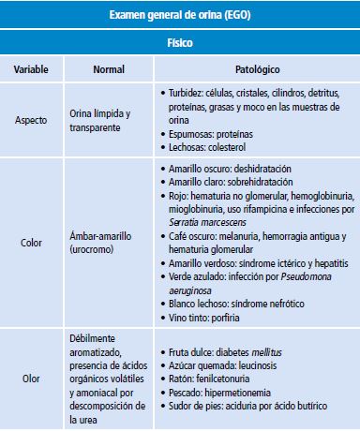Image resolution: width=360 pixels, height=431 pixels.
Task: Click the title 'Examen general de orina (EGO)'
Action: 180,17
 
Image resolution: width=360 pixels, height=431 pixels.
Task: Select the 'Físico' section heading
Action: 180,43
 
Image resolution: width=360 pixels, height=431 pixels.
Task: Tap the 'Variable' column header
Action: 33,70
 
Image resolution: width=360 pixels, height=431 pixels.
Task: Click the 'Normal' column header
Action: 109,70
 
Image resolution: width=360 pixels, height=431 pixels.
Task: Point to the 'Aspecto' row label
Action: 34,120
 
